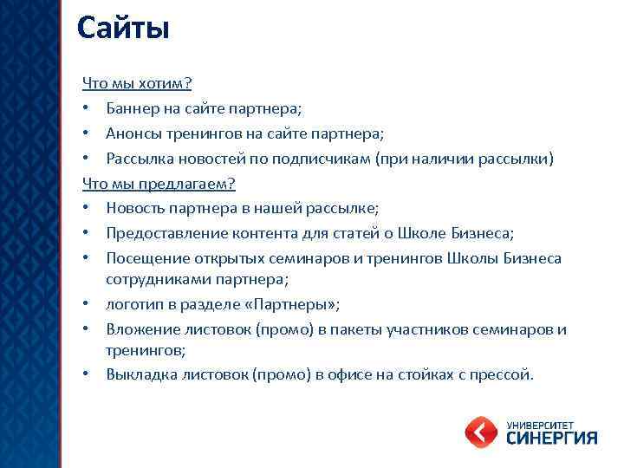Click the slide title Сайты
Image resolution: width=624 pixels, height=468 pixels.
click(122, 28)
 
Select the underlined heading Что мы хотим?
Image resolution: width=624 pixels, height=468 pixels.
click(137, 83)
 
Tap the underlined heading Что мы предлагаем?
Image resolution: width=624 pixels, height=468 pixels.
click(159, 184)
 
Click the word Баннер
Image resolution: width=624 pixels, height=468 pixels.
click(133, 109)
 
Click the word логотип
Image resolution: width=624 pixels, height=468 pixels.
click(135, 304)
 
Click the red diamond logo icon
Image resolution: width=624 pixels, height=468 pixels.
click(481, 432)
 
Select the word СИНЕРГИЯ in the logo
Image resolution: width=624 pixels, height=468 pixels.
click(551, 438)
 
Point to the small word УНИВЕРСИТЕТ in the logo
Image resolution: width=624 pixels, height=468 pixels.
click(539, 422)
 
